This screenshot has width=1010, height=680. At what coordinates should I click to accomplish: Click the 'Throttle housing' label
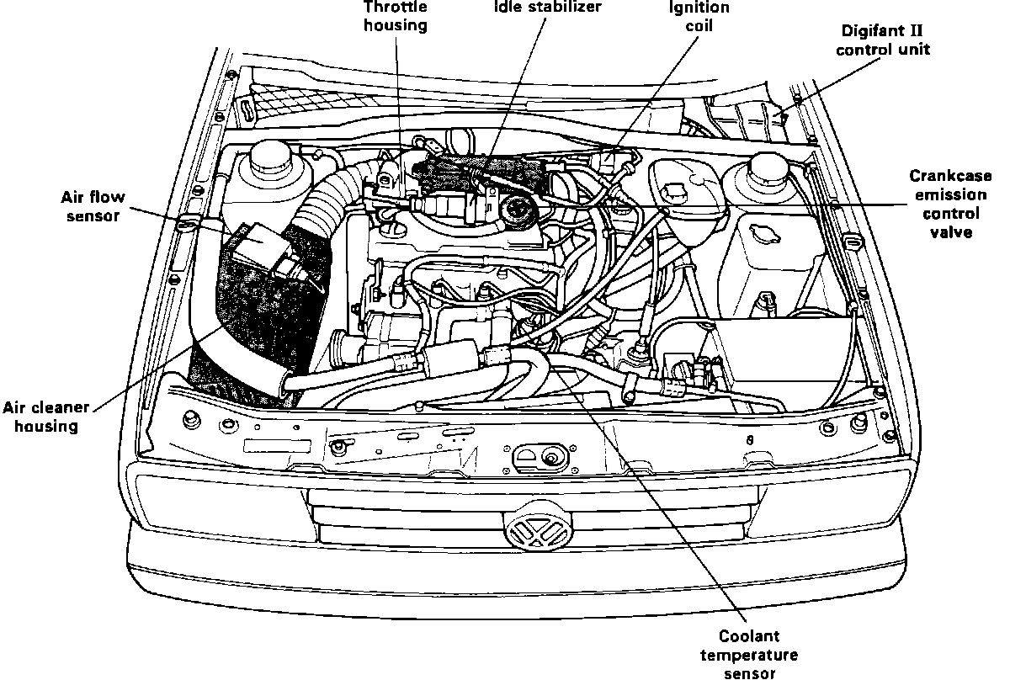(395, 16)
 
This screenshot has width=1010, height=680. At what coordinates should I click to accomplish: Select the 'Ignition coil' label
(699, 16)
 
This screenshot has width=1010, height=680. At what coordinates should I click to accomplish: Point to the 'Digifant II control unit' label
(886, 40)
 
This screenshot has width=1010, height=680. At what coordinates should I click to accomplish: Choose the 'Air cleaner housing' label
(51, 417)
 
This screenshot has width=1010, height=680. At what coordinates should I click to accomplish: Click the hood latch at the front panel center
(547, 457)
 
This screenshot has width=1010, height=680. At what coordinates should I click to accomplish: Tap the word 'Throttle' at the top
(395, 7)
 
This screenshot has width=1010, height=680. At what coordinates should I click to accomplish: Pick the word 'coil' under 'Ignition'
(699, 25)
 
